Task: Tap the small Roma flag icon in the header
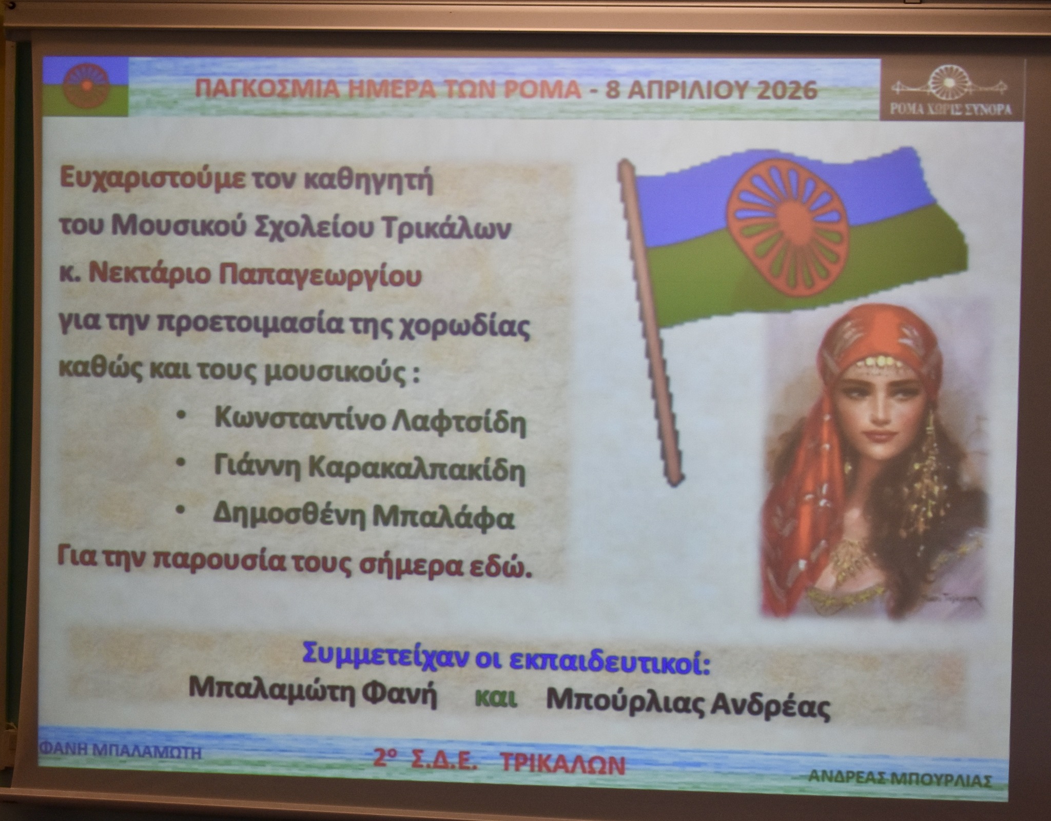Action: coord(85,85)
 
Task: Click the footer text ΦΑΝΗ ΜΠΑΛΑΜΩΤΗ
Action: coord(120,752)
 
